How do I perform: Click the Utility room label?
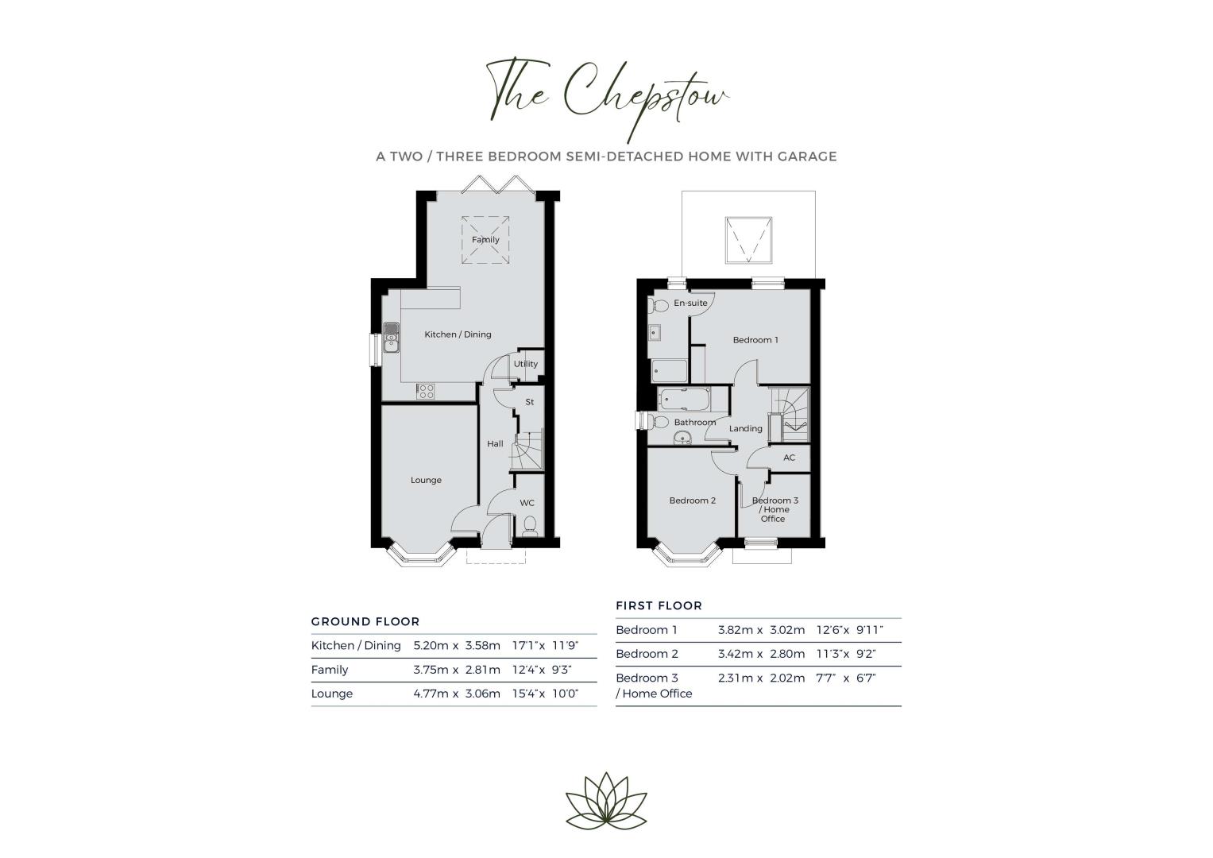pos(525,364)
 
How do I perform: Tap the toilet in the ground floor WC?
pos(530,525)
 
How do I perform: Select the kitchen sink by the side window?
pos(391,338)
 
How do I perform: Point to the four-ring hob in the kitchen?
pos(426,391)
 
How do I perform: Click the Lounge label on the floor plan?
pos(426,480)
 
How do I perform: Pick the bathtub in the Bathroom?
pos(683,400)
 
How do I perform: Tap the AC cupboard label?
pos(789,458)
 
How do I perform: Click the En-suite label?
pos(690,303)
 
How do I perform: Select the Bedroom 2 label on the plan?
pos(692,500)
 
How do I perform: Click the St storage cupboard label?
pos(529,402)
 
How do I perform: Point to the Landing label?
pos(745,428)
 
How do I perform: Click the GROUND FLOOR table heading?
pos(365,622)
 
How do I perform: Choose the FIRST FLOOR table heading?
pos(659,605)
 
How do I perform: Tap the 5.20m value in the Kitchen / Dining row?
pos(431,646)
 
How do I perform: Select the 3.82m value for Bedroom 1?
pos(736,630)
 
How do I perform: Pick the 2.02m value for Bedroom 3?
pos(787,678)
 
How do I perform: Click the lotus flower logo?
pos(606,801)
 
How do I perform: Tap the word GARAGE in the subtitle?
pos(807,157)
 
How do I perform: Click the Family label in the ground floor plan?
pos(485,240)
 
